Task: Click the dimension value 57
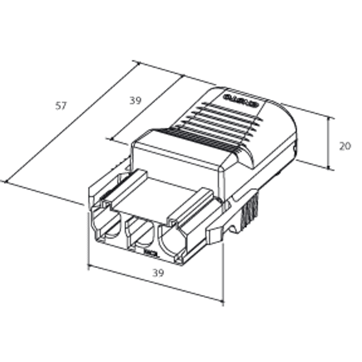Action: click(x=60, y=106)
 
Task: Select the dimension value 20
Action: click(x=345, y=145)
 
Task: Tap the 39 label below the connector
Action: click(x=157, y=273)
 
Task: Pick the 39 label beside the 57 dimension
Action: click(x=135, y=101)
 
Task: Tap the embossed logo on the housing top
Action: click(x=240, y=99)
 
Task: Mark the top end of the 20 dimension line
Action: click(x=330, y=118)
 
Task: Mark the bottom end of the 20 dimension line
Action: click(x=330, y=170)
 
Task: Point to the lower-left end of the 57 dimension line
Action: click(x=6, y=180)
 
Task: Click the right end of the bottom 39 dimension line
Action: click(x=223, y=300)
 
